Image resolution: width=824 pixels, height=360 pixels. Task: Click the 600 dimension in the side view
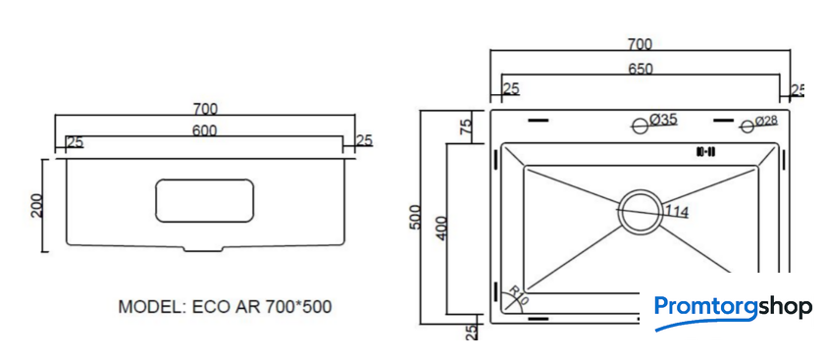click(204, 130)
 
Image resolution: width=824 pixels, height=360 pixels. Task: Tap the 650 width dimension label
click(640, 70)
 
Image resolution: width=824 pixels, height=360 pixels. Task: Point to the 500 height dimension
click(414, 217)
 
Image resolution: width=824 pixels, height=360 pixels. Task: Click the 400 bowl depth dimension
click(441, 229)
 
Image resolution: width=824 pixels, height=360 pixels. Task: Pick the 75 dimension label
click(466, 127)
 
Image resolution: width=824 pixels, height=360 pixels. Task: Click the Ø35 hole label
click(663, 120)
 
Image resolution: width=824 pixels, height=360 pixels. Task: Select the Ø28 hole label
click(767, 121)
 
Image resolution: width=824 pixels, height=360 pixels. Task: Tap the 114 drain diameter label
click(677, 211)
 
